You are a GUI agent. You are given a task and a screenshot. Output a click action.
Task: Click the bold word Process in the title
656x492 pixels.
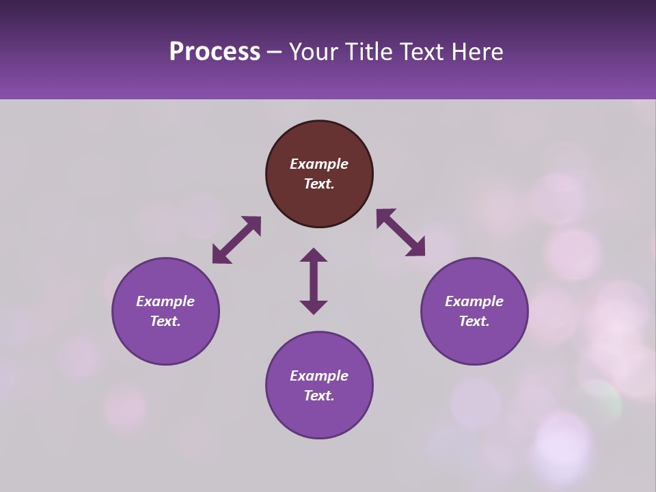[x=215, y=52]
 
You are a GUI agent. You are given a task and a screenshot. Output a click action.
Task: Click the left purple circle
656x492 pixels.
[x=165, y=311]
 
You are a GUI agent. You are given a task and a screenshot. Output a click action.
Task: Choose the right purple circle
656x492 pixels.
[x=474, y=311]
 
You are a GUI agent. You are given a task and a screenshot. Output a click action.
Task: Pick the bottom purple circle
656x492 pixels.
[x=319, y=385]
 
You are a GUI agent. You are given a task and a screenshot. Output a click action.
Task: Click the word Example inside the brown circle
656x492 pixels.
[x=319, y=164]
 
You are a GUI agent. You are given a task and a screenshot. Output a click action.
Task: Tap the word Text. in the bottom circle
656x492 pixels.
[x=319, y=396]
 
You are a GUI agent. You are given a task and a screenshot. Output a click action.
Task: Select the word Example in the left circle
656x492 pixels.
[x=165, y=301]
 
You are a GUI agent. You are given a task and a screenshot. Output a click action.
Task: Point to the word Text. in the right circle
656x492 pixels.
[x=474, y=321]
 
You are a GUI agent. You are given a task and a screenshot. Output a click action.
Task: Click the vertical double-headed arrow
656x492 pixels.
[x=314, y=281]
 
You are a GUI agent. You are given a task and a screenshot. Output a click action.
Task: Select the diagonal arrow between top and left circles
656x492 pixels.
[x=236, y=240]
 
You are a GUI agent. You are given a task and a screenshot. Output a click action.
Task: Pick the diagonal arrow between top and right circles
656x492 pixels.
[x=400, y=232]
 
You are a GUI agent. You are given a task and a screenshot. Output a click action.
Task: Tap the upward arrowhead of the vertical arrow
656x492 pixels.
[x=314, y=255]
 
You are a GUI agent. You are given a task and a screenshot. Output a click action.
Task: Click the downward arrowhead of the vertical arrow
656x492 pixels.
[x=314, y=307]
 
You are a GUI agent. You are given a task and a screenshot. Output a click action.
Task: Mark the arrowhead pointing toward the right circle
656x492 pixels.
[x=417, y=248]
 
